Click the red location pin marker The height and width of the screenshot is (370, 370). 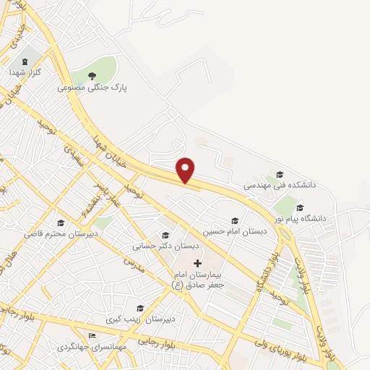[x=186, y=170]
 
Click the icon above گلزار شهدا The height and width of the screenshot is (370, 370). [x=27, y=61]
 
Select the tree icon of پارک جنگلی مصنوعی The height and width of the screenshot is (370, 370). [x=92, y=75]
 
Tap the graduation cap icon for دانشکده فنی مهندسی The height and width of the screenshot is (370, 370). [x=280, y=174]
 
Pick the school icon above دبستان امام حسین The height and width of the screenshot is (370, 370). [x=233, y=220]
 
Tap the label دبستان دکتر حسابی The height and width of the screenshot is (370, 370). [x=155, y=246]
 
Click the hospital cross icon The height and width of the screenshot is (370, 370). [x=198, y=262]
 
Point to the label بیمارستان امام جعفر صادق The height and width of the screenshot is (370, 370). [x=198, y=280]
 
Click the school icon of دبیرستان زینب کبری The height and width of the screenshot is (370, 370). [x=140, y=308]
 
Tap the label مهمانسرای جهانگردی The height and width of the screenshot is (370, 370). [x=92, y=347]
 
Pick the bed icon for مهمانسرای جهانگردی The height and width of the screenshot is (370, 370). [x=91, y=336]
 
